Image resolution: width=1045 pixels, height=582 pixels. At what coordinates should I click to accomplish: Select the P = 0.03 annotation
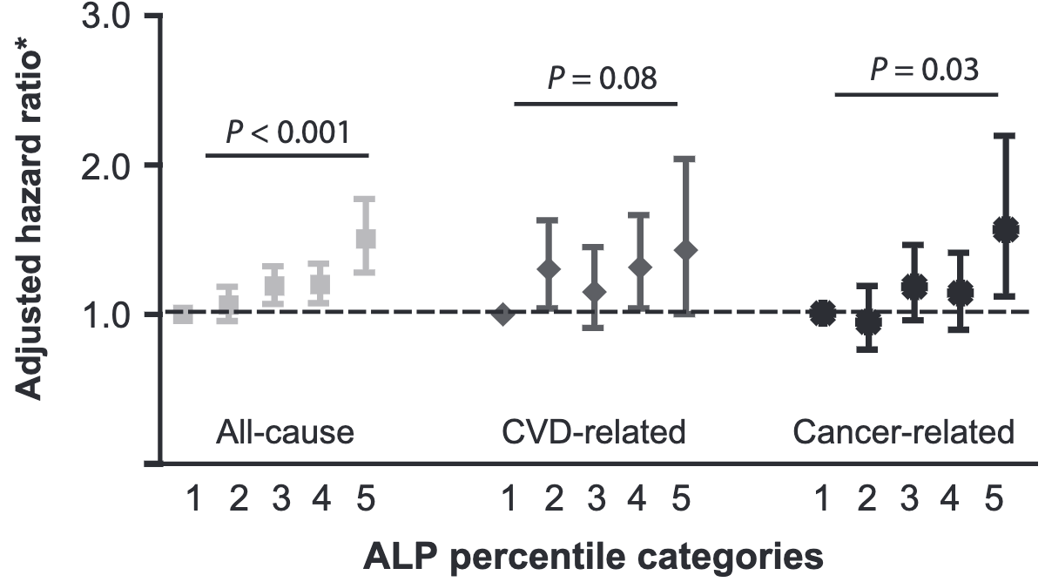pos(924,69)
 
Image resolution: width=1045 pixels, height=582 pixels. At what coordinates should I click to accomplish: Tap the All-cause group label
pos(285,432)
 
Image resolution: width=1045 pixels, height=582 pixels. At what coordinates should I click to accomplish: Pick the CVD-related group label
pos(594,432)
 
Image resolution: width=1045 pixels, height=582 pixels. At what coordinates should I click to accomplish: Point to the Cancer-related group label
pos(903,432)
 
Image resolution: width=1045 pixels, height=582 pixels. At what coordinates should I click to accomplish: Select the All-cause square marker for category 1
pos(183,314)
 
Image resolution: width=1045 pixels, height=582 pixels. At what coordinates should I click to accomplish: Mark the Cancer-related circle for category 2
pos(867,322)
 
